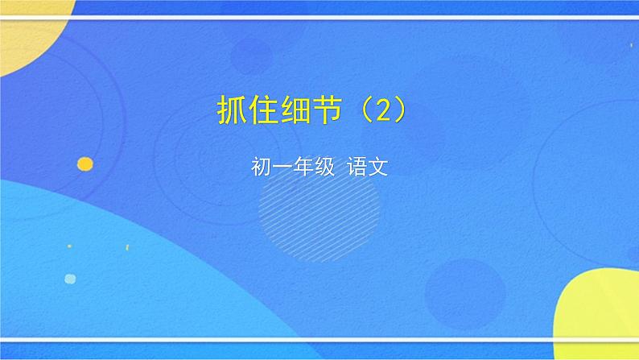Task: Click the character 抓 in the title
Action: [231, 111]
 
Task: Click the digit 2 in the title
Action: [384, 111]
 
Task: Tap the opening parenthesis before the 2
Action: [365, 111]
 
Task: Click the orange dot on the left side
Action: [85, 163]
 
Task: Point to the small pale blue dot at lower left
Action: [70, 279]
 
